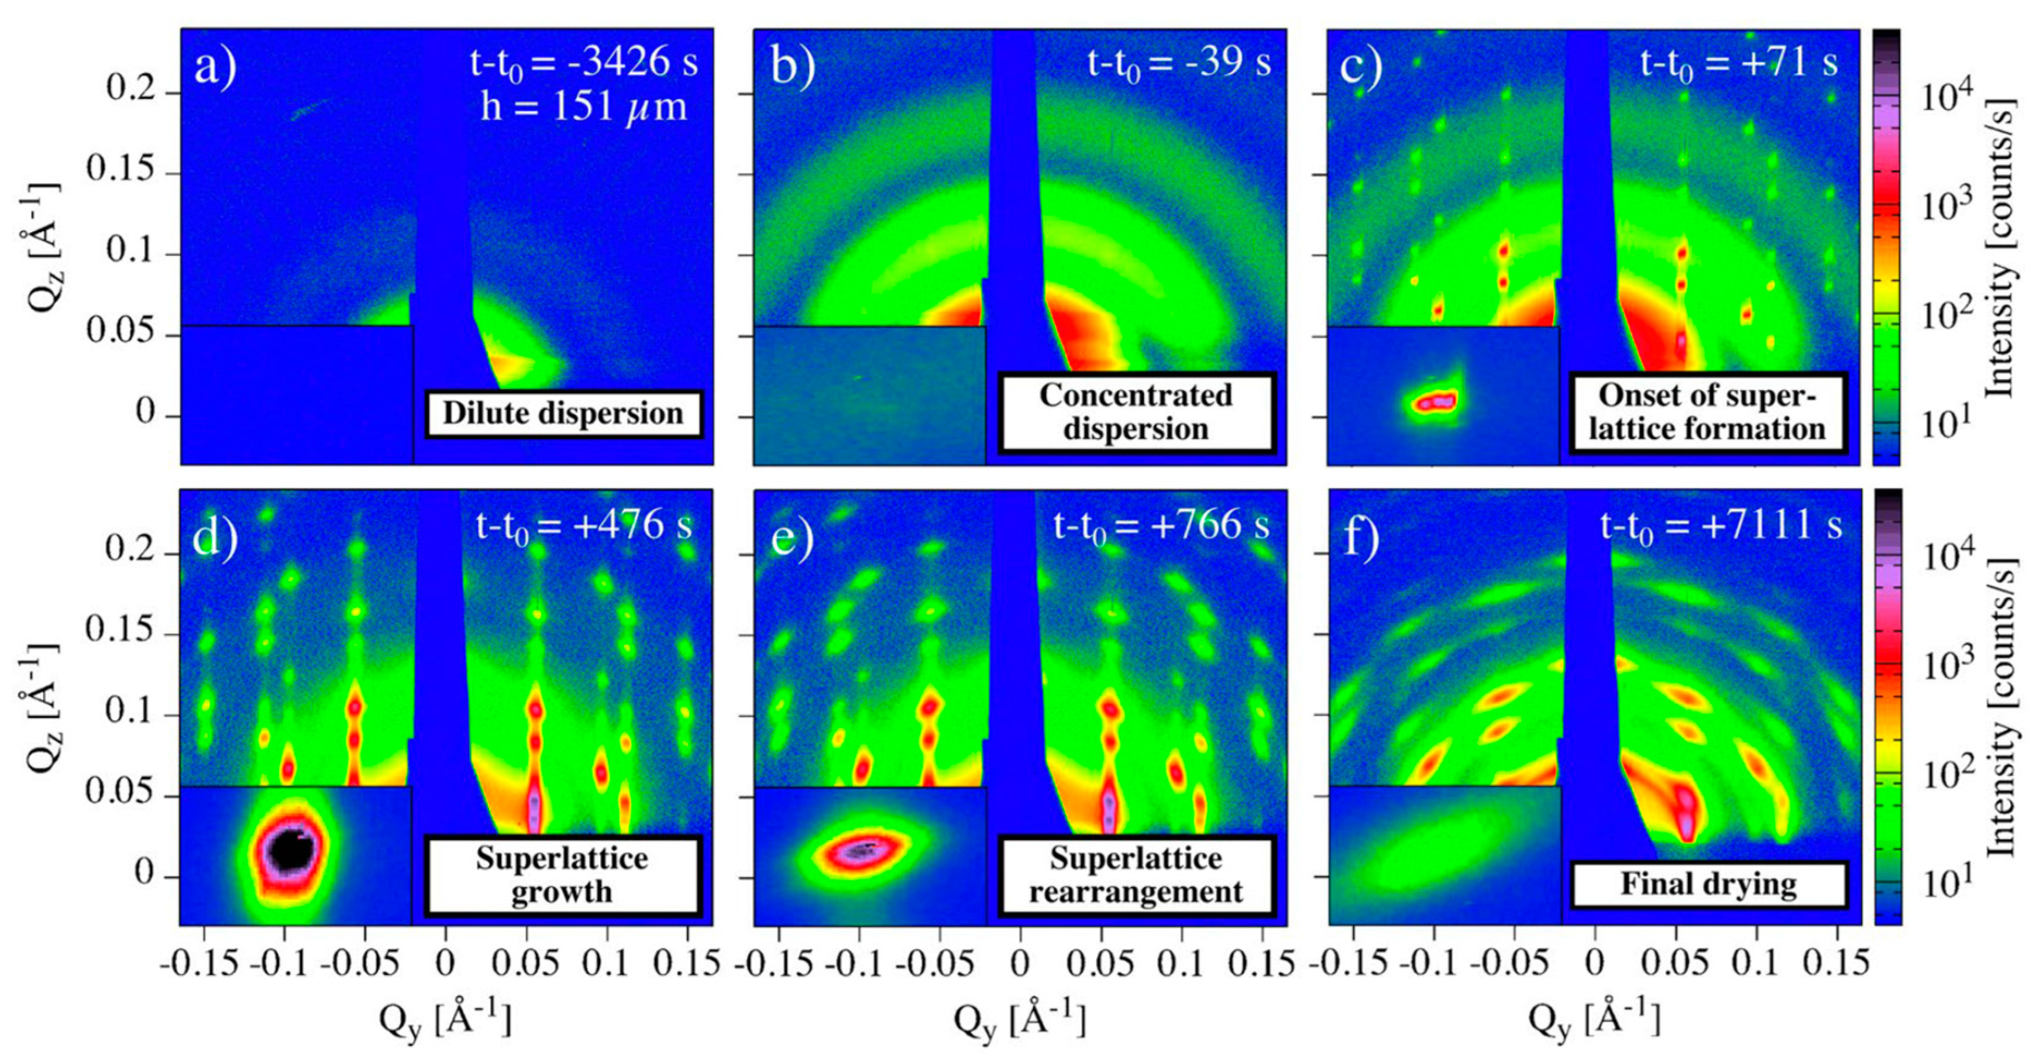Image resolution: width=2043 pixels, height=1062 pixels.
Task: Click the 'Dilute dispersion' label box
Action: pyautogui.click(x=563, y=413)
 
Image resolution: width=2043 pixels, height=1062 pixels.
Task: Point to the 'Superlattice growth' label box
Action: pyautogui.click(x=562, y=875)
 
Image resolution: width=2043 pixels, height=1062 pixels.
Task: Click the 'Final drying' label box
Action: pyautogui.click(x=1708, y=884)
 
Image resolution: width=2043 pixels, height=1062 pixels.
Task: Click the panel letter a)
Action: pyautogui.click(x=215, y=67)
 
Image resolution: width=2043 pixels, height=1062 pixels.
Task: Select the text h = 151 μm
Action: pyautogui.click(x=584, y=106)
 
